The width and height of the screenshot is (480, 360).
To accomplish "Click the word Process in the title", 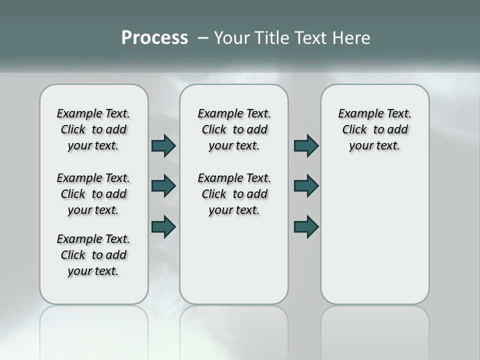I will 154,38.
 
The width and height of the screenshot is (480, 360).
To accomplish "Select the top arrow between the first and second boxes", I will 163,145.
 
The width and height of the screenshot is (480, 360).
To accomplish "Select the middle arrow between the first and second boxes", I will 163,186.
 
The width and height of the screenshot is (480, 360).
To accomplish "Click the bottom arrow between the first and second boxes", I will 163,226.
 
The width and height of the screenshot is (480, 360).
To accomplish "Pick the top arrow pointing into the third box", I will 306,145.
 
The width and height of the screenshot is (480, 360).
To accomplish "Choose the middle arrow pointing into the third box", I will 306,186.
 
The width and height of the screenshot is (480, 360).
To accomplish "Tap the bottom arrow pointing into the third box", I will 306,226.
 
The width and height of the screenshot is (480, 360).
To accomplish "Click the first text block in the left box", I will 93,129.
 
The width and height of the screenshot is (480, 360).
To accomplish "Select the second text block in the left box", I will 93,194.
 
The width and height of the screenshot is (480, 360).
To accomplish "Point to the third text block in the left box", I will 93,255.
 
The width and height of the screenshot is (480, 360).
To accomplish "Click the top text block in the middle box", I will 234,129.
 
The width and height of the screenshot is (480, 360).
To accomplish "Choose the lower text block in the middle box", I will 234,194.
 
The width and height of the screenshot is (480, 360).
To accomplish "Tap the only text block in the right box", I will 374,129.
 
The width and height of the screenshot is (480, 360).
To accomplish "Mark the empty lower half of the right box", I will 374,235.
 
